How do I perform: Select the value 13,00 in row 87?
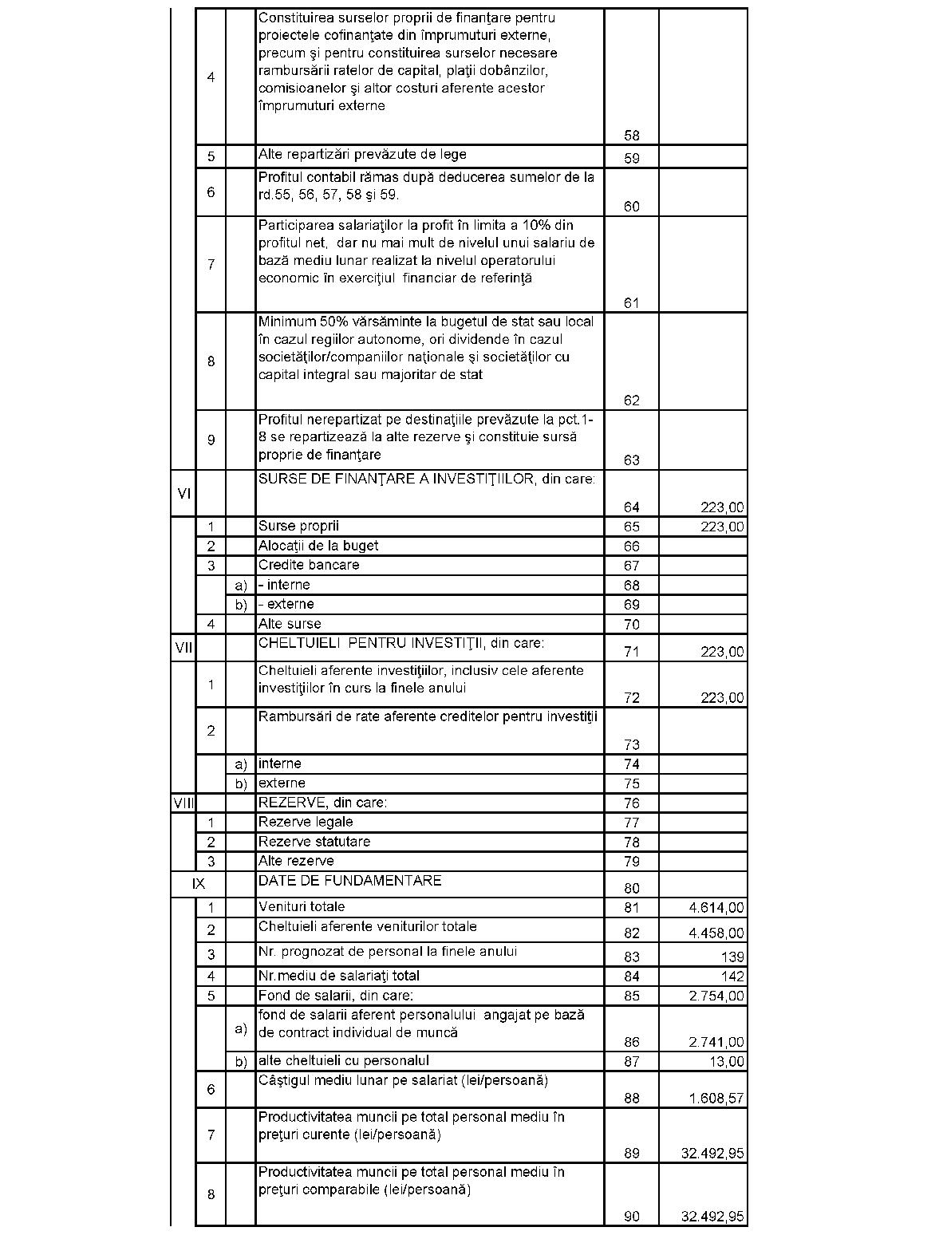point(727,1062)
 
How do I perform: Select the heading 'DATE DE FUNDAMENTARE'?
point(349,881)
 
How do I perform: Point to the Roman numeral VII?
point(183,647)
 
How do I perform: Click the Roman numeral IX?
point(199,884)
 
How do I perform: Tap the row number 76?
point(632,803)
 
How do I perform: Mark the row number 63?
point(632,460)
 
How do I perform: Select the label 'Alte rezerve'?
point(296,862)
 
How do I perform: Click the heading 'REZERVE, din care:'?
point(322,803)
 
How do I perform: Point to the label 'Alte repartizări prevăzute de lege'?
point(362,155)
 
